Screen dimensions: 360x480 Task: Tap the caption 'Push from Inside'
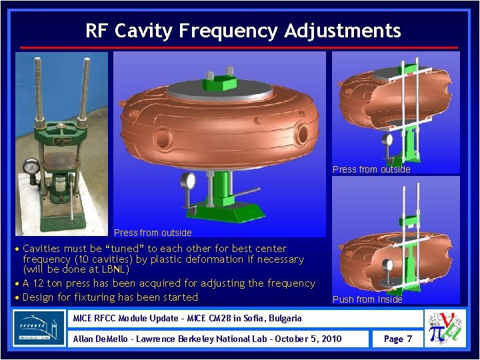tap(367, 299)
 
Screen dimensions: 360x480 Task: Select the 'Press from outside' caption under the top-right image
tap(371, 169)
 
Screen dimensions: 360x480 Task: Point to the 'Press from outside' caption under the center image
tap(153, 233)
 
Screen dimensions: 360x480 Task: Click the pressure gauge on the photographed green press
tap(30, 167)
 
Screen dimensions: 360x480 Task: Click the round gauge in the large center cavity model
tap(188, 181)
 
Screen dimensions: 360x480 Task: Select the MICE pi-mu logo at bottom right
tap(448, 327)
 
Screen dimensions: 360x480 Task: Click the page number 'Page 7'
tap(398, 339)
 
